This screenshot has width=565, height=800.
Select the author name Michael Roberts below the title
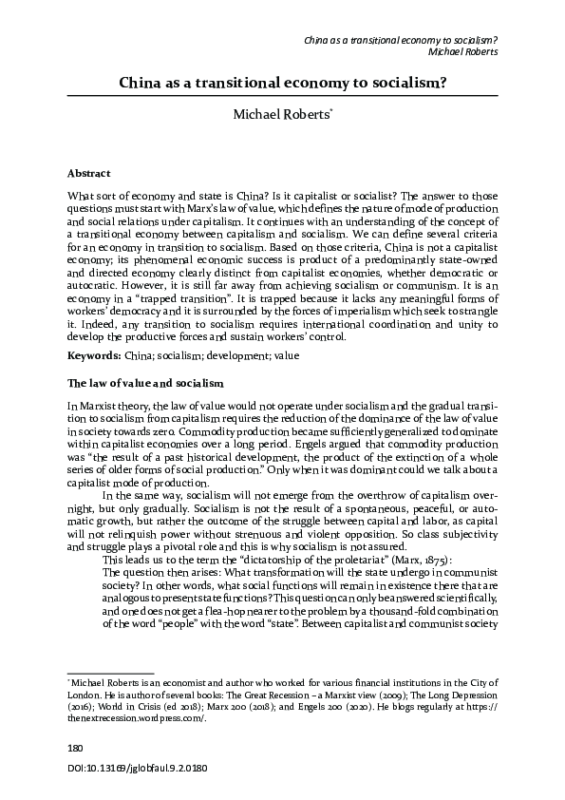pos(281,116)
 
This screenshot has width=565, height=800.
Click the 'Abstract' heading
pos(88,174)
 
